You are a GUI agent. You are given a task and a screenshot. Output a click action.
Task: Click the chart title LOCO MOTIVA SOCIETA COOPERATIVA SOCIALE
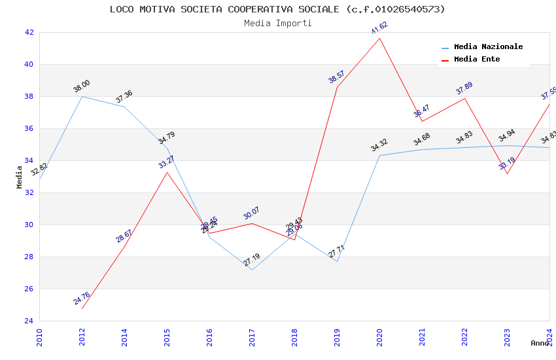point(277,9)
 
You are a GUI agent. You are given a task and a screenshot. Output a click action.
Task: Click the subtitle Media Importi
point(277,23)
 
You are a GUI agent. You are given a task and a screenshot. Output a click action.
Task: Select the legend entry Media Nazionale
point(488,47)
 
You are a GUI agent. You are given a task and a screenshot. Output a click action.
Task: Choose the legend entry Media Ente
point(477,60)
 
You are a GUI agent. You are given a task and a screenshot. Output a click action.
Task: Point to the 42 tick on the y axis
point(29,32)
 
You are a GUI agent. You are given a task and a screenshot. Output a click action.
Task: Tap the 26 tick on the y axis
point(29,289)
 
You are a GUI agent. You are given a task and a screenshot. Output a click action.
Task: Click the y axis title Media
point(20,177)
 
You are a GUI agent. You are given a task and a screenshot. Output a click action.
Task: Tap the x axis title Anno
point(540,343)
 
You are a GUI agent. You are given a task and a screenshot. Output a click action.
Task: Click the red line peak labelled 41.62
point(379,38)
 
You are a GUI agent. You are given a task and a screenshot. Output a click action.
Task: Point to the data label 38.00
point(82,86)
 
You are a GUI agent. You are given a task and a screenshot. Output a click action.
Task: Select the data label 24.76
point(82,298)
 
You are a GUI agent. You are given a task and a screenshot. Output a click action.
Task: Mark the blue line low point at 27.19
point(252,270)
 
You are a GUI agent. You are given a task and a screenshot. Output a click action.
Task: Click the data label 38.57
point(336,77)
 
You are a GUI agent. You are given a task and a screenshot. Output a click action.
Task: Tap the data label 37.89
point(464,88)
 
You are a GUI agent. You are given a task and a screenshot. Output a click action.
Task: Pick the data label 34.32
point(379,145)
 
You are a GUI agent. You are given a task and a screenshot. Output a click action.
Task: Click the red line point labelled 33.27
point(167,172)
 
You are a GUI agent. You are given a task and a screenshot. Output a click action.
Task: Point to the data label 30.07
point(251,213)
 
